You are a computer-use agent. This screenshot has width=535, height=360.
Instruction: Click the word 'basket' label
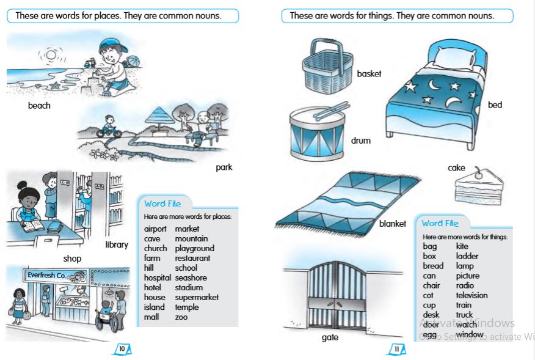point(369,73)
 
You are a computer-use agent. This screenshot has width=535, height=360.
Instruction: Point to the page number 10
point(122,349)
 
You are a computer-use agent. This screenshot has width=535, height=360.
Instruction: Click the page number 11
point(396,349)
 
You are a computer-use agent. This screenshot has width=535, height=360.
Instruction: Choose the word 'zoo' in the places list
point(181,317)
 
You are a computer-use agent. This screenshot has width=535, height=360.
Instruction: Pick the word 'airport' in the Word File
point(155,229)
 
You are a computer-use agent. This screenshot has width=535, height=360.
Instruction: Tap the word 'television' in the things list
point(471,295)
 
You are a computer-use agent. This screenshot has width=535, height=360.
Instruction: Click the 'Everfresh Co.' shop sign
point(48,275)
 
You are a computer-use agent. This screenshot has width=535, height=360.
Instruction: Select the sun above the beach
point(51,55)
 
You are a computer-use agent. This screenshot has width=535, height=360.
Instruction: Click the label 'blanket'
point(392,224)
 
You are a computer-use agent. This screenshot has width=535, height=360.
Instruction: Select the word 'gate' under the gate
point(330,337)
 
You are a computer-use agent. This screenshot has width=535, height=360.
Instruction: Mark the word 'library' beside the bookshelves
point(116,244)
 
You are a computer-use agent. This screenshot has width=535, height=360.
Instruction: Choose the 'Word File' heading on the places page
point(162,203)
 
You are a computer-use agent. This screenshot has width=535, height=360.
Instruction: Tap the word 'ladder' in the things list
point(467,256)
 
